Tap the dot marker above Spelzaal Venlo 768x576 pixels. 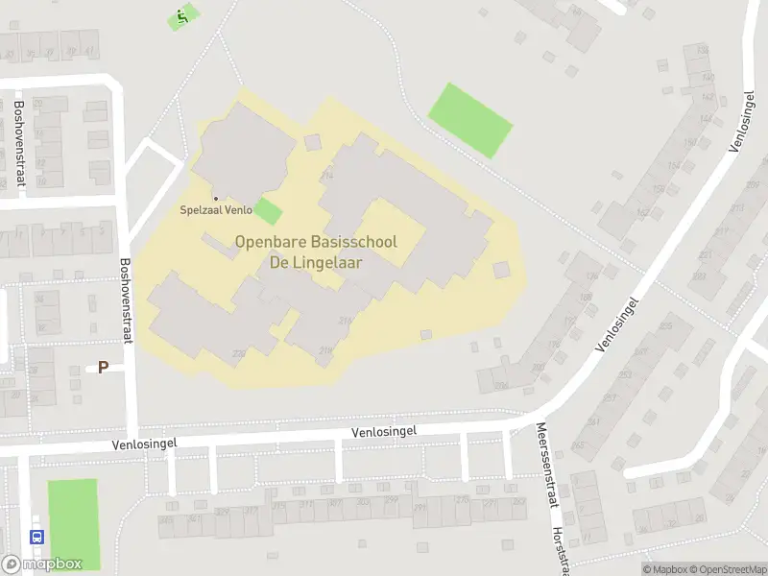tap(215, 199)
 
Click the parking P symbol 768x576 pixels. tap(103, 367)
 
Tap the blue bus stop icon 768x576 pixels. tap(37, 537)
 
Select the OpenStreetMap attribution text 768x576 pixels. tap(730, 569)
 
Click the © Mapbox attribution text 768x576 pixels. tap(664, 569)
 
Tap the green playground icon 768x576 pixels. tap(182, 16)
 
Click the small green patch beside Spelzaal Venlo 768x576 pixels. tap(269, 212)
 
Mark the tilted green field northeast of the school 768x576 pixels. tap(469, 120)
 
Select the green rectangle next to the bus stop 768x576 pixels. tap(74, 523)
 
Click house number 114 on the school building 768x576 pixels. tap(327, 175)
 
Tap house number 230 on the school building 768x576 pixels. tap(239, 353)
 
